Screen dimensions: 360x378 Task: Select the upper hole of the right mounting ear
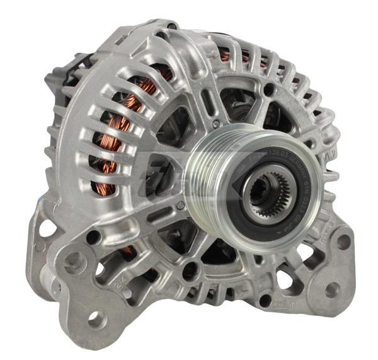[343, 242]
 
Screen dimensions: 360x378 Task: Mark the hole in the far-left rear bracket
[47, 229]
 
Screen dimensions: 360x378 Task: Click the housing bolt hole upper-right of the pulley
[272, 91]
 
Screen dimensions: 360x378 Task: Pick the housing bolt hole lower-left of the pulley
[188, 272]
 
